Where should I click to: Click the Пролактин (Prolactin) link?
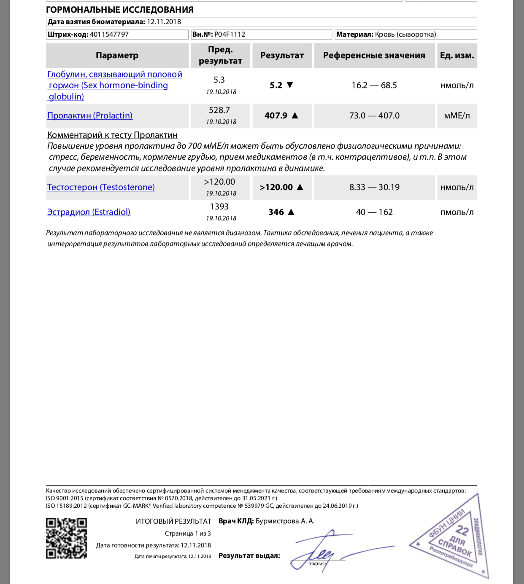click(x=90, y=115)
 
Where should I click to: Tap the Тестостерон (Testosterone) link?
click(x=101, y=187)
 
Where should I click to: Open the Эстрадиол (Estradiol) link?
click(x=89, y=212)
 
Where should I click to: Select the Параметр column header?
click(x=117, y=55)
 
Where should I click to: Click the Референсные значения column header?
click(x=374, y=55)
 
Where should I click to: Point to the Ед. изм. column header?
click(x=456, y=55)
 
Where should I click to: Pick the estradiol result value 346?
click(x=276, y=212)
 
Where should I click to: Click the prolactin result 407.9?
click(x=276, y=115)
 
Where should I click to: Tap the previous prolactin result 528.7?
click(x=219, y=110)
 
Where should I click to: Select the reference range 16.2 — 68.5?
click(x=374, y=85)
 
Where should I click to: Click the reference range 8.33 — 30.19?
click(x=374, y=187)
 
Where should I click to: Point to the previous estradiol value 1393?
click(x=219, y=207)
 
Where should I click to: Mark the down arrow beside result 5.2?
click(x=290, y=85)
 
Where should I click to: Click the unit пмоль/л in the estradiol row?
click(x=457, y=212)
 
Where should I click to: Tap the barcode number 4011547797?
click(x=109, y=35)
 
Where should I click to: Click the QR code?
click(x=66, y=538)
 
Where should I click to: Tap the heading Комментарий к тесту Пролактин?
click(x=112, y=135)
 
